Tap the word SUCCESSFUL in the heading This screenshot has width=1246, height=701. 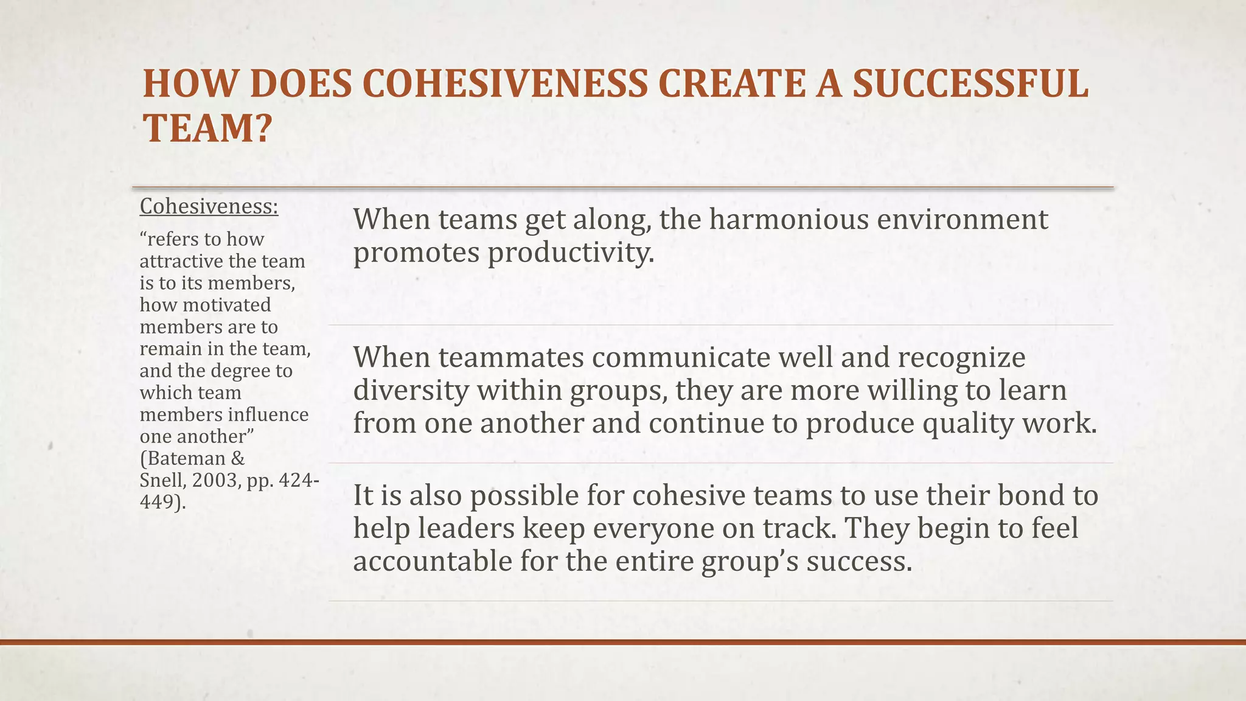pos(970,84)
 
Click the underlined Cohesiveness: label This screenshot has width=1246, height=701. pos(209,207)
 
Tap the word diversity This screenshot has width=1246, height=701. pos(411,390)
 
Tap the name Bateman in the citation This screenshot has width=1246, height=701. pos(186,458)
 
